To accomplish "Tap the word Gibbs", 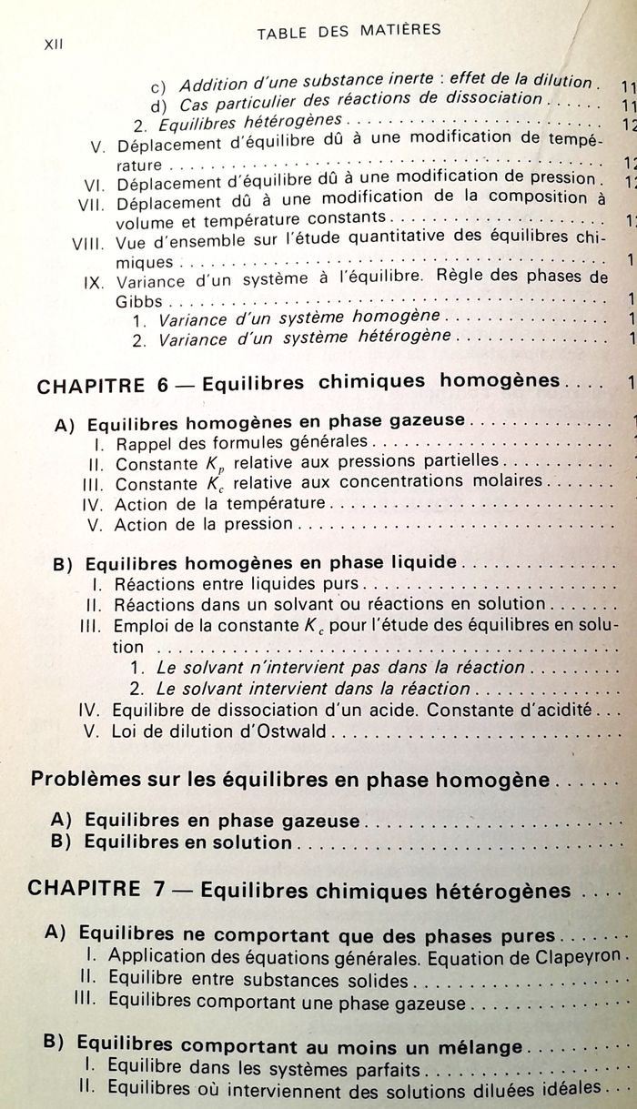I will [x=140, y=299].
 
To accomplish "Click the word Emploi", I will [x=140, y=625].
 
